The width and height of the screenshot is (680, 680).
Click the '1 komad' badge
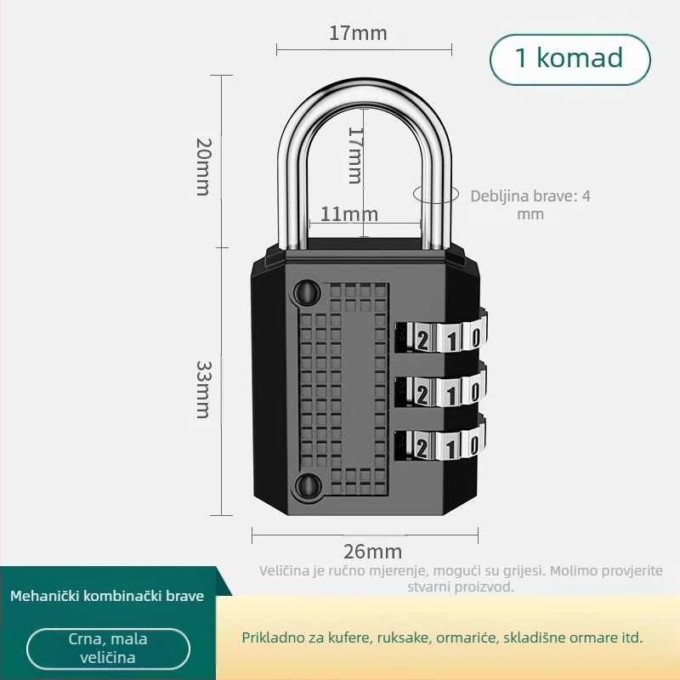point(569,58)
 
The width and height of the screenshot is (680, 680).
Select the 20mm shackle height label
point(203,166)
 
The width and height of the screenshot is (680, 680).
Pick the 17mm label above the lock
point(358,33)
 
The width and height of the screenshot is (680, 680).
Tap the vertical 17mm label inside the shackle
point(355,155)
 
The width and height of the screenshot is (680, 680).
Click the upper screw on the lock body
point(304,294)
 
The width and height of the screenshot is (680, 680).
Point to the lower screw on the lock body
point(304,486)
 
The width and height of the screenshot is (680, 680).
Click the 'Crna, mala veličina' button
point(108,649)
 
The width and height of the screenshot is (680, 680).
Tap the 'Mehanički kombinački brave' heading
point(107,596)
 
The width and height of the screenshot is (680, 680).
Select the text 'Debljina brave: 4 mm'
point(530,205)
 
